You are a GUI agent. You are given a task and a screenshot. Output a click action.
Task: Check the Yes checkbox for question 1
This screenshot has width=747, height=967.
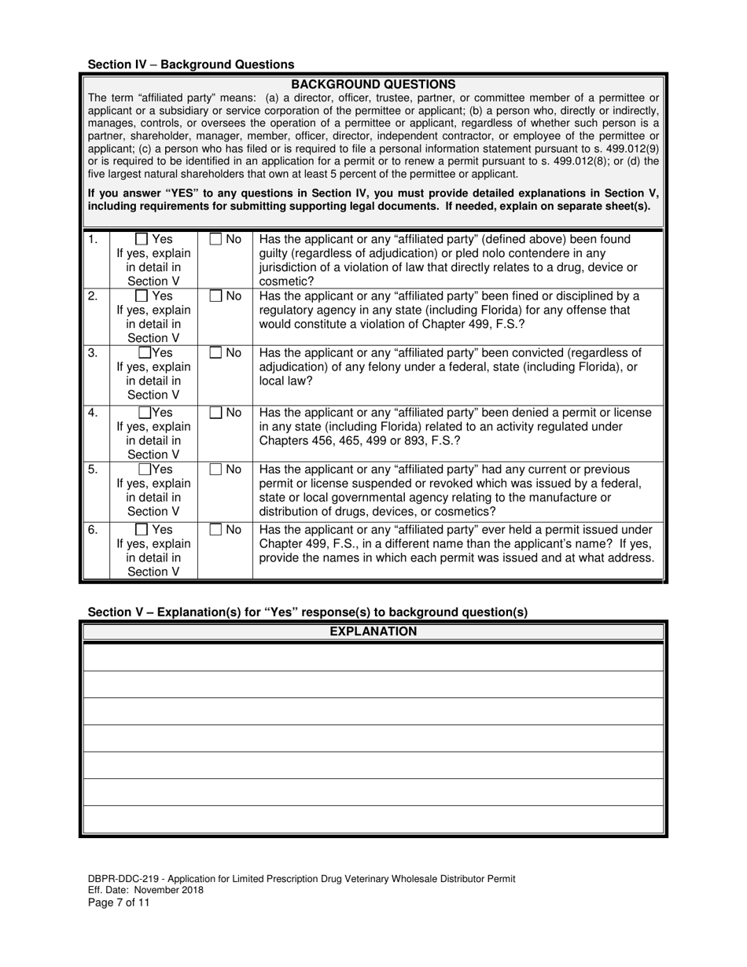click(x=142, y=239)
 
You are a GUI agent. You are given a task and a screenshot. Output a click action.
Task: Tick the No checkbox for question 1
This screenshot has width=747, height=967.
click(x=215, y=239)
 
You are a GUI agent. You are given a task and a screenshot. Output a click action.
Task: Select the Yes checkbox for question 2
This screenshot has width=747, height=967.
click(x=142, y=296)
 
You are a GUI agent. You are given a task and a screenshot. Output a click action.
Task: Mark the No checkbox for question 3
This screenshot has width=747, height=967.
click(x=215, y=353)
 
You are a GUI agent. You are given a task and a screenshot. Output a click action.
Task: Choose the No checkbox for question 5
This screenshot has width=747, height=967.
click(x=215, y=469)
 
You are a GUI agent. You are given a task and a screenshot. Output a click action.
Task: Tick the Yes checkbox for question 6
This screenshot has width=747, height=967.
click(x=142, y=530)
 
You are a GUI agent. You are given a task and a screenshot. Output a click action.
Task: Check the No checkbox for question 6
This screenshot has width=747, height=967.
click(x=215, y=530)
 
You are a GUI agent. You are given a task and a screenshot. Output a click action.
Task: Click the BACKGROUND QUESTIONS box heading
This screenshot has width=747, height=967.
click(x=373, y=84)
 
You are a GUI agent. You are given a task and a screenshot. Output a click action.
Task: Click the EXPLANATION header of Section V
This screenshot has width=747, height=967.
click(x=373, y=631)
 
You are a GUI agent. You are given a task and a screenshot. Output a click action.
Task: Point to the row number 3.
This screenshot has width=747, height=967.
click(x=93, y=353)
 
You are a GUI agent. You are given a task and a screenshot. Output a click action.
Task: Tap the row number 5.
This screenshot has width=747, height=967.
click(x=93, y=469)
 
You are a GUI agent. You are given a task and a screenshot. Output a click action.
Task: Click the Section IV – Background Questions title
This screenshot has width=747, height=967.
click(x=191, y=64)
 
